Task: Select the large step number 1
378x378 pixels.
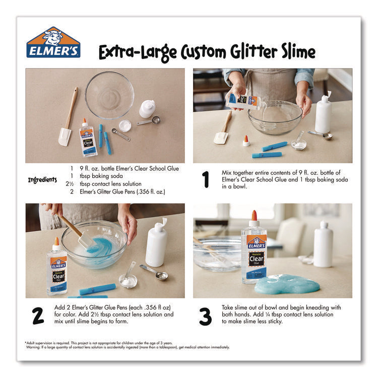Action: tap(205, 180)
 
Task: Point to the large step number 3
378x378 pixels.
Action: tap(205, 316)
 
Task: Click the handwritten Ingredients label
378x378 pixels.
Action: tap(42, 179)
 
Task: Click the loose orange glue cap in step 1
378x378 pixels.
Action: tap(246, 140)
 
